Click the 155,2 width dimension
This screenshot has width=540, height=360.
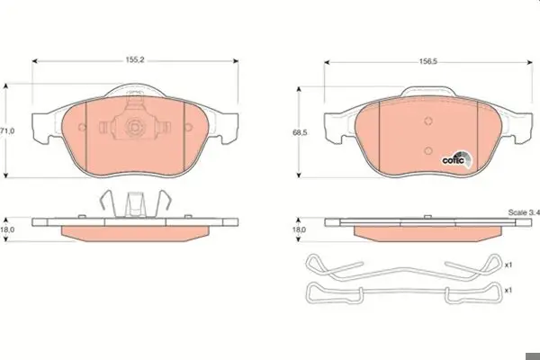pyautogui.click(x=135, y=60)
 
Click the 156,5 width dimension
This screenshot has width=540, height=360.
pyautogui.click(x=428, y=62)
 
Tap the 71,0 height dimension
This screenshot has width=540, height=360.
pyautogui.click(x=7, y=130)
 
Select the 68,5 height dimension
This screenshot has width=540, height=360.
pyautogui.click(x=300, y=132)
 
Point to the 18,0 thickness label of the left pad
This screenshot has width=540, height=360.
pyautogui.click(x=7, y=229)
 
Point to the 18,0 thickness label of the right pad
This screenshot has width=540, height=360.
pyautogui.click(x=299, y=229)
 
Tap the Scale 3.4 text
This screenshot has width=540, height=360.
pyautogui.click(x=524, y=212)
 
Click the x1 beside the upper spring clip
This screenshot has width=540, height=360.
pyautogui.click(x=508, y=265)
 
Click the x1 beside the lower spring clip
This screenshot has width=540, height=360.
pyautogui.click(x=508, y=291)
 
